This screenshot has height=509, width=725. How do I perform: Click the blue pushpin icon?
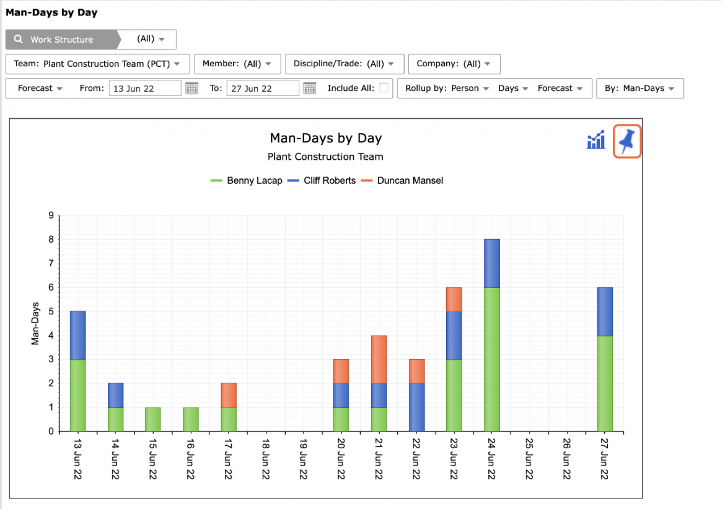627,141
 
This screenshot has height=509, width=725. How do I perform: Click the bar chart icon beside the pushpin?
596,139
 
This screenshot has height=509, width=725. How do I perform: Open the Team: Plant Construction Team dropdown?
97,64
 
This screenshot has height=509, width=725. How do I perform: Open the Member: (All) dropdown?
237,64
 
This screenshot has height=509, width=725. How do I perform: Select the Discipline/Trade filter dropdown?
345,64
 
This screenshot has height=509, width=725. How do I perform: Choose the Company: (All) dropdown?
454,64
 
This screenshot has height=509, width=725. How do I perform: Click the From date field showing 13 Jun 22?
145,88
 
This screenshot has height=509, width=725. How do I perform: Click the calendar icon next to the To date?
310,88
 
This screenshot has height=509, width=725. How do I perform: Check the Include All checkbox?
384,88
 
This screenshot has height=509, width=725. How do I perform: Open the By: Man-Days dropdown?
640,88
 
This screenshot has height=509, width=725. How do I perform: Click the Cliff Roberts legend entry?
322,181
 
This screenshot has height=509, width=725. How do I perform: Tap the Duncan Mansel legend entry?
402,181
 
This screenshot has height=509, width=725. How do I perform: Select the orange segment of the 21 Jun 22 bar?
379,359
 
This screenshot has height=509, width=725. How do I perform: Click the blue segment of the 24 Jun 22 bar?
492,263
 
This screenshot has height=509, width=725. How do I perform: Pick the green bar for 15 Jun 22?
153,419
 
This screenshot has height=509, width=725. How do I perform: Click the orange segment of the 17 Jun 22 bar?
229,395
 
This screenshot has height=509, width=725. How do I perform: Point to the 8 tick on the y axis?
51,239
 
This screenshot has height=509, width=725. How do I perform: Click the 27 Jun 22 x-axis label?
605,459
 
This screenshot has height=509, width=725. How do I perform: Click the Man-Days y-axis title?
35,323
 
